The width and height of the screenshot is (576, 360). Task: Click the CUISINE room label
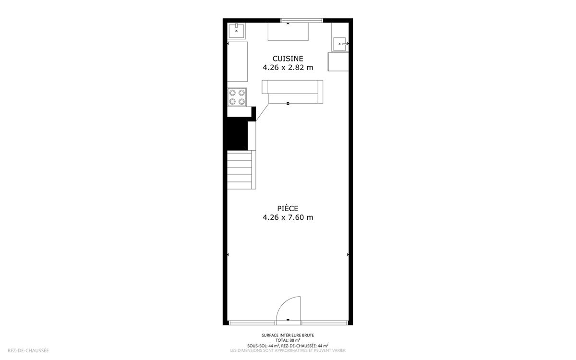(x=288, y=59)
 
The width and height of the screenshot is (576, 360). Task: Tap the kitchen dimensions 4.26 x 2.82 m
(x=288, y=67)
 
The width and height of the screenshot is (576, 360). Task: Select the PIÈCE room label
(x=288, y=208)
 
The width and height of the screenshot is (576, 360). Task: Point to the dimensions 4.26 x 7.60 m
(x=288, y=217)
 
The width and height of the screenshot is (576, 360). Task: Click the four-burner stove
(x=237, y=97)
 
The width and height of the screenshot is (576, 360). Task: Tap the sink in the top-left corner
(x=237, y=31)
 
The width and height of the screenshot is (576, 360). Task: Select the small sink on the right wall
(x=340, y=44)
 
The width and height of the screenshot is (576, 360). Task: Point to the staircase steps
(x=240, y=170)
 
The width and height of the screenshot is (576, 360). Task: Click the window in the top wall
(x=301, y=21)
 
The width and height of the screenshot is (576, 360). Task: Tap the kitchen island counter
(x=293, y=92)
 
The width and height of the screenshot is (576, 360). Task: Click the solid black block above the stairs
(x=235, y=134)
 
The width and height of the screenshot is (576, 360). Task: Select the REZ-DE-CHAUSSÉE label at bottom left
(x=28, y=350)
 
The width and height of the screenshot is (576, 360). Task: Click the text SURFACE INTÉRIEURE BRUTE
(x=288, y=336)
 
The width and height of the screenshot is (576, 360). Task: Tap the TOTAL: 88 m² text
(x=288, y=340)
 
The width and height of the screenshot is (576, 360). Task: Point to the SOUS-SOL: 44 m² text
(x=264, y=346)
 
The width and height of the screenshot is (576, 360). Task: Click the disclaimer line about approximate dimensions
(x=288, y=350)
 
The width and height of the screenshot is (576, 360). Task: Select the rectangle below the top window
(x=288, y=32)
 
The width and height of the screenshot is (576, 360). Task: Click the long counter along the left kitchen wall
(x=237, y=62)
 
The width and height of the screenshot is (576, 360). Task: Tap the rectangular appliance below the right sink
(x=338, y=62)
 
